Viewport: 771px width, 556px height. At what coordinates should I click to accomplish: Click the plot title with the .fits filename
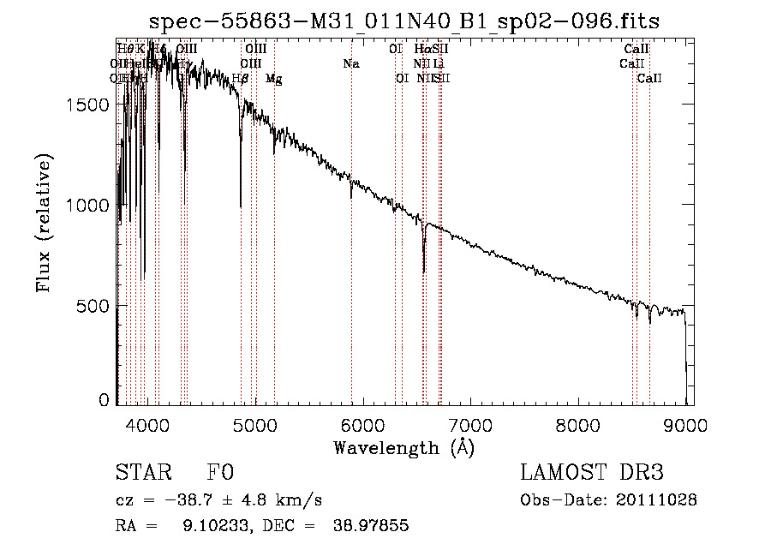tap(404, 21)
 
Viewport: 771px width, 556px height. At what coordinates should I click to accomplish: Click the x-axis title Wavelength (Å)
tap(403, 447)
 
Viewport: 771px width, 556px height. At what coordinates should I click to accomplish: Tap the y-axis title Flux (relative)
tap(45, 223)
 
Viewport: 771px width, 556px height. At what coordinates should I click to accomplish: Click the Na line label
tap(350, 64)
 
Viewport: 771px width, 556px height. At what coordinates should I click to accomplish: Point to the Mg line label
tap(274, 79)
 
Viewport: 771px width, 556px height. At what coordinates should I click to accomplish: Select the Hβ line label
tap(241, 79)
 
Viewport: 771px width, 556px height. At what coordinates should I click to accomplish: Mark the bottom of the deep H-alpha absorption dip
tap(424, 272)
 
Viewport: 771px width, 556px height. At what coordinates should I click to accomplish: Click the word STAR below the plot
tap(142, 474)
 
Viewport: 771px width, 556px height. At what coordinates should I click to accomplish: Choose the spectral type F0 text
tap(219, 474)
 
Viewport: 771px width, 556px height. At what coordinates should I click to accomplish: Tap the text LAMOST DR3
tap(592, 474)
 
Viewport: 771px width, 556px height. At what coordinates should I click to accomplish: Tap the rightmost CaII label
tap(650, 79)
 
